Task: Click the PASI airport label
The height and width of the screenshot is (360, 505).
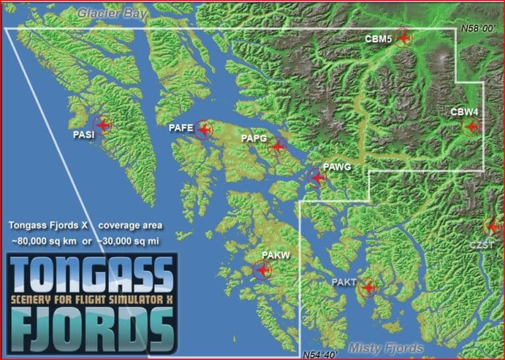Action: click(84, 135)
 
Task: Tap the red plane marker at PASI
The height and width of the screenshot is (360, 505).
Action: click(102, 124)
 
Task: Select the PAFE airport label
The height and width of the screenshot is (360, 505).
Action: click(180, 129)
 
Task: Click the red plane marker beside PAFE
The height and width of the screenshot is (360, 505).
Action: click(203, 130)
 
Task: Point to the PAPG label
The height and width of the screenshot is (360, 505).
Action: click(253, 138)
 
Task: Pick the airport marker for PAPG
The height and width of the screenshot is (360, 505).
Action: click(278, 146)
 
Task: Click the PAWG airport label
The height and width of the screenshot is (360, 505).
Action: click(337, 167)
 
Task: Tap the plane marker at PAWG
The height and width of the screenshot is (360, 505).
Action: click(317, 177)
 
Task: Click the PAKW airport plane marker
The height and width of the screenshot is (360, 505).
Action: click(263, 269)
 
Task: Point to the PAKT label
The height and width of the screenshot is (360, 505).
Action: click(344, 282)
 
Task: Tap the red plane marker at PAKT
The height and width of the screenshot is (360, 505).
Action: click(368, 287)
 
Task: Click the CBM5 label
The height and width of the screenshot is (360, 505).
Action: click(378, 39)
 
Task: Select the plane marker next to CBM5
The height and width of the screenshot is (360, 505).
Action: click(402, 38)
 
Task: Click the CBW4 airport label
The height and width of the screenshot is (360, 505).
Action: click(464, 112)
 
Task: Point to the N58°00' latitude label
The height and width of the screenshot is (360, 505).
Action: click(478, 29)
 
